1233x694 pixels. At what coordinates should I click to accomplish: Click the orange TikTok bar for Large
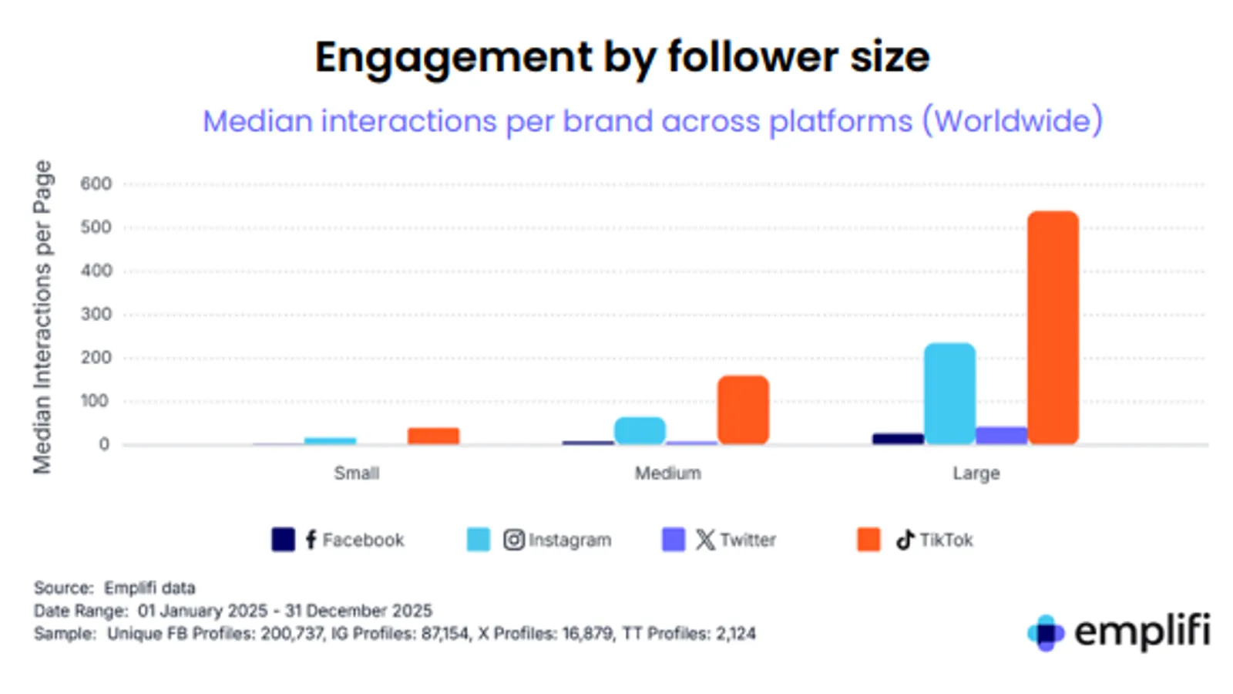tap(1053, 328)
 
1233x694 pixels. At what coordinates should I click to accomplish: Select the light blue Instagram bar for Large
tap(949, 393)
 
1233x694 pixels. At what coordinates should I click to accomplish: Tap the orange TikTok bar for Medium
tap(743, 409)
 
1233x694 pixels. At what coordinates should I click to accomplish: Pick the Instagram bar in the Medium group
tap(640, 430)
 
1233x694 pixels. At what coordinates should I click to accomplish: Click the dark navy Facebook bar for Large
tap(898, 439)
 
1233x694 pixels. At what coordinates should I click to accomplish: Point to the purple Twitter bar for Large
tap(1001, 436)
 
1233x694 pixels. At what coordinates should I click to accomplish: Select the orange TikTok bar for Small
tap(433, 436)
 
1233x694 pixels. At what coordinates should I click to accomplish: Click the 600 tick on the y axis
tap(96, 184)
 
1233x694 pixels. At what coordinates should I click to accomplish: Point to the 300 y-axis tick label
tap(96, 314)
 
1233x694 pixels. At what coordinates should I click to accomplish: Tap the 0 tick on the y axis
tap(104, 444)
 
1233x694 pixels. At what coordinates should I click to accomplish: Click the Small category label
tap(356, 473)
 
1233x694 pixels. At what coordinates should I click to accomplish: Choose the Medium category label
tap(667, 473)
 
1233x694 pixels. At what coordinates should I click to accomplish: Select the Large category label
tap(976, 473)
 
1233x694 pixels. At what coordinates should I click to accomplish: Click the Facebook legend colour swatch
tap(283, 539)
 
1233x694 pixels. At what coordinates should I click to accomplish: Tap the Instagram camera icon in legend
tap(514, 539)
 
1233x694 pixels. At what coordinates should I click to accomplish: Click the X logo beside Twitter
tap(704, 539)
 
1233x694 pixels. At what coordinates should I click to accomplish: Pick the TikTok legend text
tap(946, 540)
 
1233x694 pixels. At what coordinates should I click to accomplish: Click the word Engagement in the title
tap(454, 58)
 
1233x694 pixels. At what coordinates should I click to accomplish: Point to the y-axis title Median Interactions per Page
tap(42, 316)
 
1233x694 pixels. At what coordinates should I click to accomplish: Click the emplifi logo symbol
tap(1046, 633)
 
